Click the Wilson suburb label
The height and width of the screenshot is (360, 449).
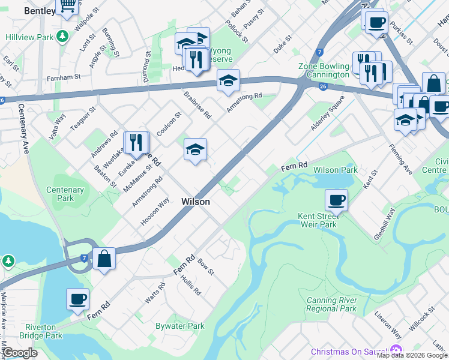pyautogui.click(x=196, y=202)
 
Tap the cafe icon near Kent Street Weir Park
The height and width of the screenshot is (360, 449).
pyautogui.click(x=336, y=200)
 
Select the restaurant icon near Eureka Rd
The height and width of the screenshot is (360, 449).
pyautogui.click(x=136, y=142)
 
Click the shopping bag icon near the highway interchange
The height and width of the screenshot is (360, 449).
pyautogui.click(x=104, y=259)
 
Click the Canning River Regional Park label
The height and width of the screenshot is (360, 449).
pyautogui.click(x=331, y=304)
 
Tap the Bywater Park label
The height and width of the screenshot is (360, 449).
pyautogui.click(x=180, y=326)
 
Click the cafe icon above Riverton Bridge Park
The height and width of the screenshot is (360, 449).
pyautogui.click(x=77, y=298)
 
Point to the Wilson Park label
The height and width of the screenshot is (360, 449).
pyautogui.click(x=336, y=170)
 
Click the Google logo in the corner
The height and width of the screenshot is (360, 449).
pyautogui.click(x=20, y=353)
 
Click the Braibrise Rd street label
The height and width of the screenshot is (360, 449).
pyautogui.click(x=197, y=104)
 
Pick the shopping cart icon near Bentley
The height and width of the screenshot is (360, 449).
pyautogui.click(x=67, y=5)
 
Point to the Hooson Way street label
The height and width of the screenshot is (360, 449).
pyautogui.click(x=155, y=211)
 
